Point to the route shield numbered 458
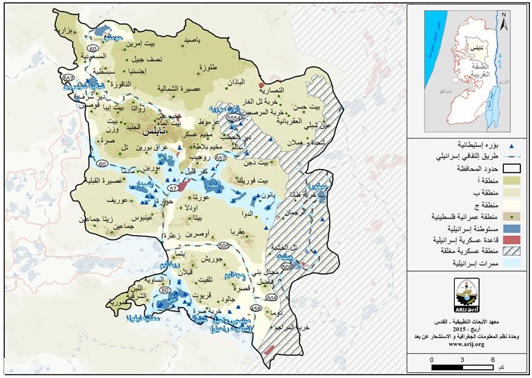click(x=257, y=308)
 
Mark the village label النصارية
click(x=271, y=89)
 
